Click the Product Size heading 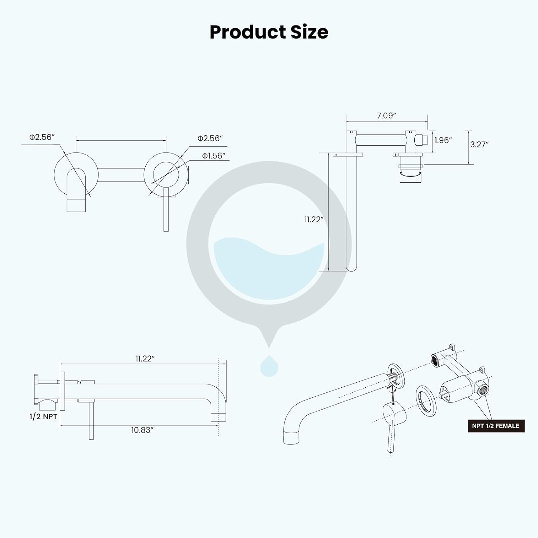tap(269, 32)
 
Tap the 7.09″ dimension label tap(386, 115)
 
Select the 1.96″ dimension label tap(443, 140)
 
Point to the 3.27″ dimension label tap(480, 144)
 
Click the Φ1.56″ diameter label tap(213, 156)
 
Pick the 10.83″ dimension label tap(142, 430)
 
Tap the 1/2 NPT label tap(43, 416)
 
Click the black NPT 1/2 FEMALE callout tap(496, 426)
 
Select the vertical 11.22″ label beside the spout tap(314, 220)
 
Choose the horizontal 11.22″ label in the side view tap(145, 359)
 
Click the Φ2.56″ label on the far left tap(42, 137)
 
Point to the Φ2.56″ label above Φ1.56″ tap(210, 138)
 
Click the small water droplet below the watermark tap(269, 366)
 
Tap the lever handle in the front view tap(166, 213)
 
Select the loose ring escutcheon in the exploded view tap(426, 401)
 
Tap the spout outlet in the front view tap(76, 204)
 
